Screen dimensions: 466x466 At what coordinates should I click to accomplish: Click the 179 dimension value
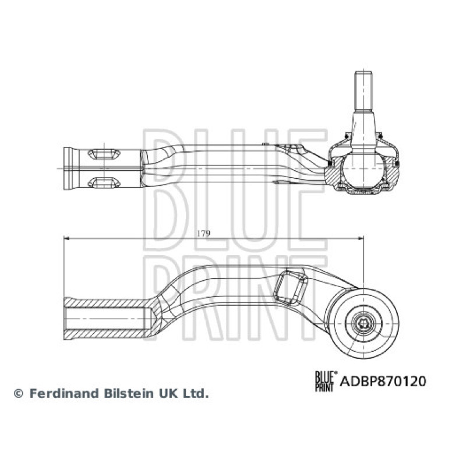coord(203,234)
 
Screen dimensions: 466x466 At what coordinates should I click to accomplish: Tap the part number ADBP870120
coord(383,381)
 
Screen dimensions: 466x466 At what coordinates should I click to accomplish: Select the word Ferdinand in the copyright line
coord(65,394)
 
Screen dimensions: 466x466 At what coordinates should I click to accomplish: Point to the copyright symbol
coord(19,394)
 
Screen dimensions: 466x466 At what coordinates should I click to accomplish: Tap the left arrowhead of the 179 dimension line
coord(66,238)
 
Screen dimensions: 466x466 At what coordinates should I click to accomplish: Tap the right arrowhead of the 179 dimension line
coord(361,238)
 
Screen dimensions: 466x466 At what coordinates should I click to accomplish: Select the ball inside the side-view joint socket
coord(363,169)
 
